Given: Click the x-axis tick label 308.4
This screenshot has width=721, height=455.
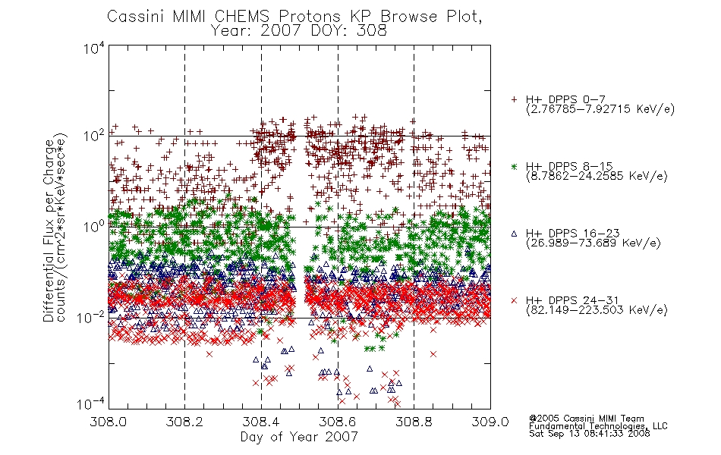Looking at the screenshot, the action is pyautogui.click(x=262, y=422).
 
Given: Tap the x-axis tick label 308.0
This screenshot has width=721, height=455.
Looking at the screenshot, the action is pyautogui.click(x=109, y=422).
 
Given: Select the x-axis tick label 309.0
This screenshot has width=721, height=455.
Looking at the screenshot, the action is pyautogui.click(x=490, y=422).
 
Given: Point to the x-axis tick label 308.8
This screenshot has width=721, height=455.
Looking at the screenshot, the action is pyautogui.click(x=414, y=422).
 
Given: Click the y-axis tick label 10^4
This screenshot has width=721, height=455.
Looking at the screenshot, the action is pyautogui.click(x=94, y=48).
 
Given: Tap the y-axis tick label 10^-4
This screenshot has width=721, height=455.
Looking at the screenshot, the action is pyautogui.click(x=91, y=403).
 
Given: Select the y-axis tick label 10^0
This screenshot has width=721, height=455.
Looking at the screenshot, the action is pyautogui.click(x=94, y=226).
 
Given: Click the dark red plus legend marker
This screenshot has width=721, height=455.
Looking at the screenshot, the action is pyautogui.click(x=514, y=99).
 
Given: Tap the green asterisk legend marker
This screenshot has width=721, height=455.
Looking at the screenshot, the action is pyautogui.click(x=514, y=166).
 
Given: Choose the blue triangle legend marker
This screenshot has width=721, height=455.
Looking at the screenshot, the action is pyautogui.click(x=514, y=234).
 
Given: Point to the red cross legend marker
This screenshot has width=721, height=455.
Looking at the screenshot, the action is pyautogui.click(x=514, y=300).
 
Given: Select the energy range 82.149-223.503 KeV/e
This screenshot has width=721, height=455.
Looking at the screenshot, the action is pyautogui.click(x=597, y=309).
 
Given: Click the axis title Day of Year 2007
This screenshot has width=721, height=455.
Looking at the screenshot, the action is pyautogui.click(x=299, y=437).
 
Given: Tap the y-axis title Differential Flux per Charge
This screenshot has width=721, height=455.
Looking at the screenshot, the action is pyautogui.click(x=49, y=230).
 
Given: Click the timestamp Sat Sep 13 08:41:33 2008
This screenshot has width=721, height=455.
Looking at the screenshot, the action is pyautogui.click(x=589, y=433).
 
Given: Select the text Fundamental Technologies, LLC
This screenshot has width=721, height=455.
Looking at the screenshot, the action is pyautogui.click(x=598, y=426).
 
